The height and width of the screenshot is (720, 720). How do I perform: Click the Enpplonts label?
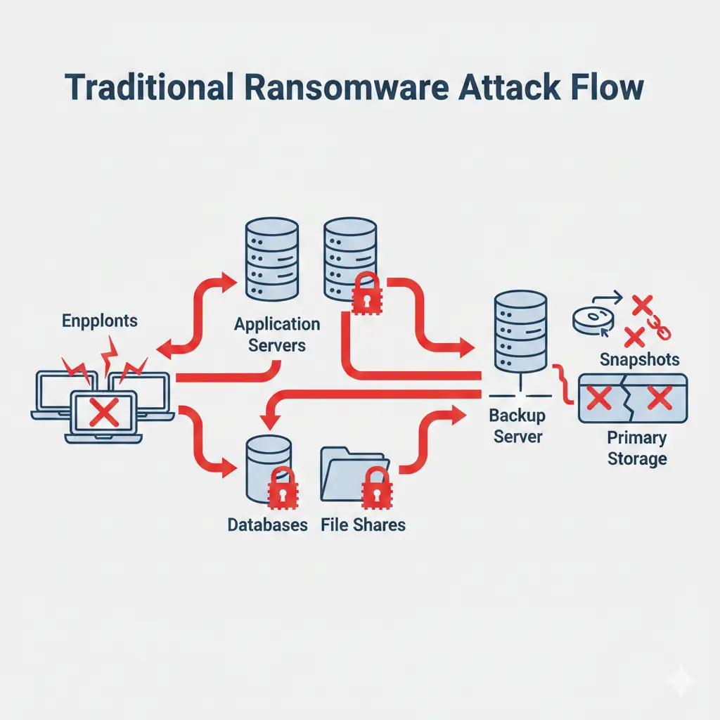click(x=100, y=322)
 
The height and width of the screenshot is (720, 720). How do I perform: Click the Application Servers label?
click(x=277, y=335)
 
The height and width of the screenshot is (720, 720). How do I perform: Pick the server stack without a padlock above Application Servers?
click(x=271, y=260)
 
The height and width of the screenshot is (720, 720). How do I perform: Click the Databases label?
click(x=267, y=525)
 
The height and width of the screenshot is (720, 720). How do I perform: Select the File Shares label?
click(x=363, y=525)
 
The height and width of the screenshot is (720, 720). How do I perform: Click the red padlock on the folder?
click(x=375, y=488)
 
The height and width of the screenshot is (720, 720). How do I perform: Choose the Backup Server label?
click(x=517, y=426)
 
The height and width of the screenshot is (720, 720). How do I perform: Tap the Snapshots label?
click(x=640, y=360)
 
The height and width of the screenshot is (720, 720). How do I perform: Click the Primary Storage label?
click(x=637, y=449)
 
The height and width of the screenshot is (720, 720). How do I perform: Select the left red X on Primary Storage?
click(x=598, y=399)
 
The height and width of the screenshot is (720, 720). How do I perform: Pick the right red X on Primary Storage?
click(x=659, y=399)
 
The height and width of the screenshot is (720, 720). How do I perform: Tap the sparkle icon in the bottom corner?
click(x=680, y=681)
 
